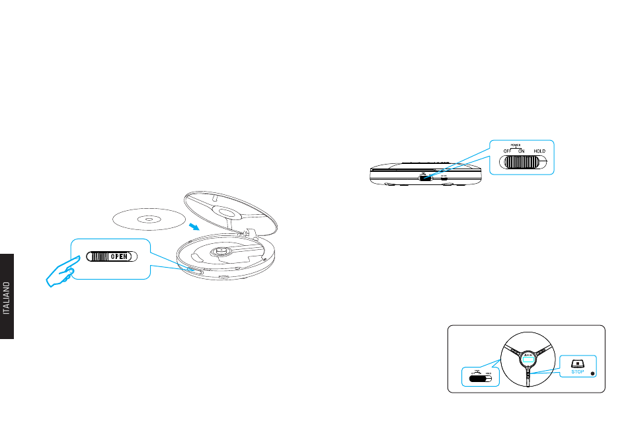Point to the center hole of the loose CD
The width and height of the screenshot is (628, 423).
point(149,219)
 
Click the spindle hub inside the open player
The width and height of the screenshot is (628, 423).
point(219,252)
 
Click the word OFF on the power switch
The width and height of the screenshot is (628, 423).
point(507,151)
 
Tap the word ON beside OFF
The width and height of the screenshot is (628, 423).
point(521,151)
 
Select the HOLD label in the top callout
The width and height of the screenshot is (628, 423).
point(539,151)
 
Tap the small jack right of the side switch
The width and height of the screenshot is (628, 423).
point(444,177)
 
